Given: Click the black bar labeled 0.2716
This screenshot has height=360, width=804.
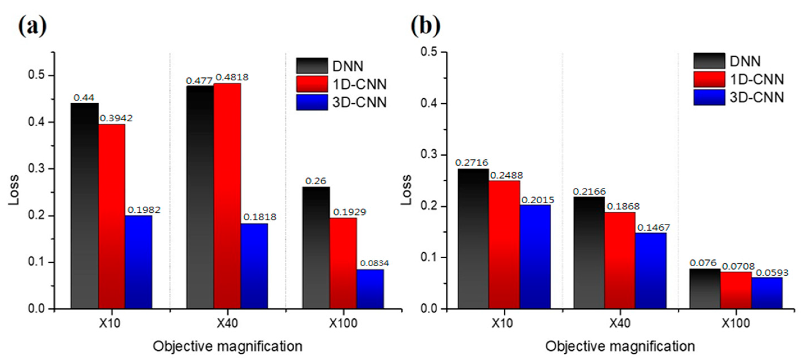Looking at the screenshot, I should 473,239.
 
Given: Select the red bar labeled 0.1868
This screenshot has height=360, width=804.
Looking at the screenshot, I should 620,260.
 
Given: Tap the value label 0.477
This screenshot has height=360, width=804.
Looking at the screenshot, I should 199,81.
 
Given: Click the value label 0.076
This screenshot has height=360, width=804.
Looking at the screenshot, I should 703,263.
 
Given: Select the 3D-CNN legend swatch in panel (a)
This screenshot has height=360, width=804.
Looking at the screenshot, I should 312,102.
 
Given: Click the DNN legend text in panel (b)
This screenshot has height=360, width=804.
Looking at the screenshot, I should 745,61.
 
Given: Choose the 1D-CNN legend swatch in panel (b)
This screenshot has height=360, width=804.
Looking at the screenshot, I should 709,79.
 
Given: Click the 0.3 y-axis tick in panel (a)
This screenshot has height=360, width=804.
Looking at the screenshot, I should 37,168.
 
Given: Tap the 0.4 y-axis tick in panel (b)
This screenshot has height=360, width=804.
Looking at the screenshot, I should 430,103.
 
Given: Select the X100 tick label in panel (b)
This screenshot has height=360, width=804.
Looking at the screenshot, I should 736,323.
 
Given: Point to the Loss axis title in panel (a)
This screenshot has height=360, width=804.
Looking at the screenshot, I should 14,190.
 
